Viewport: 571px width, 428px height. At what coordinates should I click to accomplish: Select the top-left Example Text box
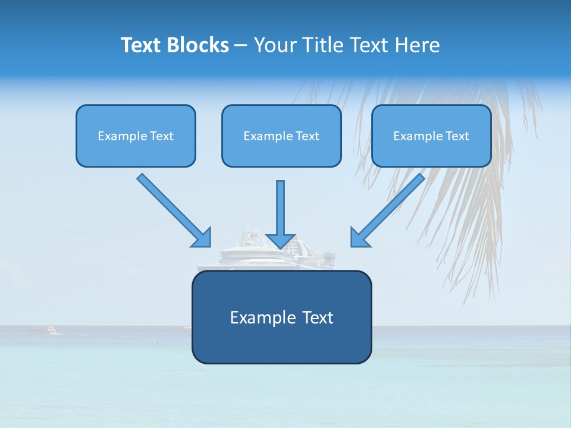(136, 136)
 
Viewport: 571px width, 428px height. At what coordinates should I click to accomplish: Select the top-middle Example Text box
(281, 136)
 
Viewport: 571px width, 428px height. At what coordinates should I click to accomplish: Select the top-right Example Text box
(431, 136)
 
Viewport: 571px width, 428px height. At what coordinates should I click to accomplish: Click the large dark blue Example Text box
(281, 317)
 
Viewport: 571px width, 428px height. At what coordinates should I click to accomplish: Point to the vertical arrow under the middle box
(281, 208)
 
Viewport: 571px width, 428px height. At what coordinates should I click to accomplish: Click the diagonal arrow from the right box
(393, 205)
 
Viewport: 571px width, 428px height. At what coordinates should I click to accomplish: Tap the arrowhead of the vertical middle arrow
(281, 241)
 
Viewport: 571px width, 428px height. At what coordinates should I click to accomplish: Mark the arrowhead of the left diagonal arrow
(202, 238)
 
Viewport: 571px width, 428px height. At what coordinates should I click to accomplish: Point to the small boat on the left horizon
(43, 329)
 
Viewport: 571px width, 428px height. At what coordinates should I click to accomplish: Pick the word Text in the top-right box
(457, 136)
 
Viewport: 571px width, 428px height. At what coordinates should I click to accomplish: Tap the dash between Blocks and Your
(241, 45)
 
